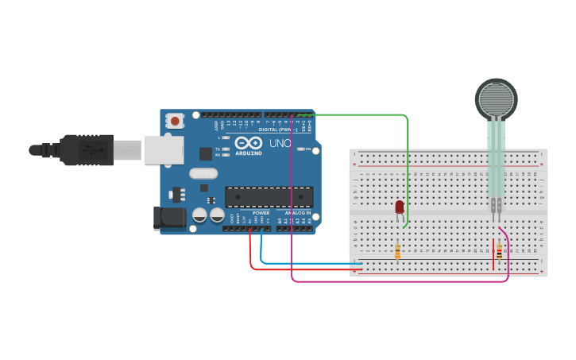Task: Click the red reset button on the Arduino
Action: click(174, 121)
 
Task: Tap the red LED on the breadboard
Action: click(400, 207)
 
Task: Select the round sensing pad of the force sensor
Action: click(496, 99)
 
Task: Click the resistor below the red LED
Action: click(397, 251)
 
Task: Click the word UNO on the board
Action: click(280, 143)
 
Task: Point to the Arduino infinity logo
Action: click(248, 142)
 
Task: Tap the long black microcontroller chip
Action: click(269, 196)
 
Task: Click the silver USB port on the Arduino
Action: click(164, 149)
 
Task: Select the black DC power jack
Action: click(168, 219)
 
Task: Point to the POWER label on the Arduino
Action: click(261, 213)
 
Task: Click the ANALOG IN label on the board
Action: click(298, 213)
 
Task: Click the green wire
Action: click(408, 159)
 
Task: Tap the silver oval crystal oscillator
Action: click(203, 173)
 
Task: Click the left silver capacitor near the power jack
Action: click(199, 215)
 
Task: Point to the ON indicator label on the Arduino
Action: click(307, 149)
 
